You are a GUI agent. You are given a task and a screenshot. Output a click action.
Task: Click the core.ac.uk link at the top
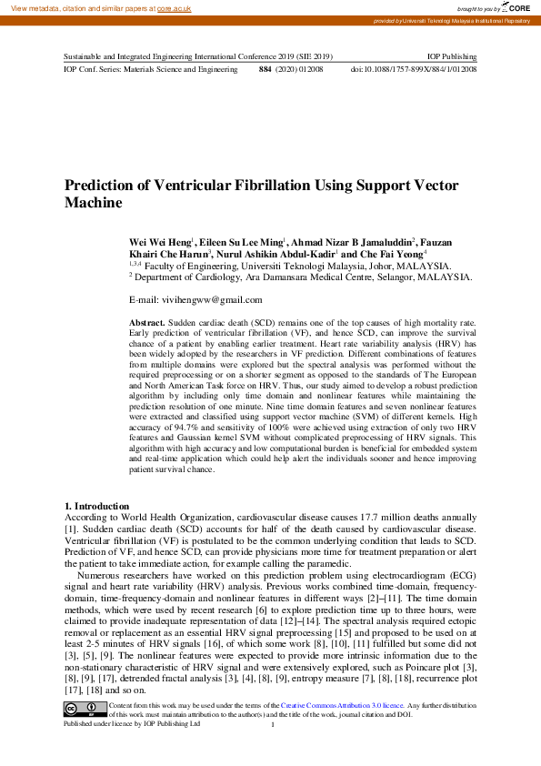tap(175, 7)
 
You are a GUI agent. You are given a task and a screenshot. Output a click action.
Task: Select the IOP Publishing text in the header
tap(452, 56)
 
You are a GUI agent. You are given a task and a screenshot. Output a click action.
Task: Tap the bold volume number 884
tap(265, 69)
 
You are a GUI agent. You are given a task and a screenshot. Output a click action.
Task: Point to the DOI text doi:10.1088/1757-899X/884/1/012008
tap(414, 69)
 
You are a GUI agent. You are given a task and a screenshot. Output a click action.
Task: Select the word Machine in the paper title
tap(93, 204)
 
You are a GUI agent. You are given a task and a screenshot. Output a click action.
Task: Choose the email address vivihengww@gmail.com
tap(211, 299)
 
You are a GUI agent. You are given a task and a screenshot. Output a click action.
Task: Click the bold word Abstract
tap(147, 323)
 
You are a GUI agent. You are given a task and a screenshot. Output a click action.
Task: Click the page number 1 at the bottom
tap(273, 724)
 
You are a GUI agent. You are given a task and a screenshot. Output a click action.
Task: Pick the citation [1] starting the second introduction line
tap(70, 529)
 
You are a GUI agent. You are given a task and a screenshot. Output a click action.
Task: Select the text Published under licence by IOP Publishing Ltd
tap(131, 723)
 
